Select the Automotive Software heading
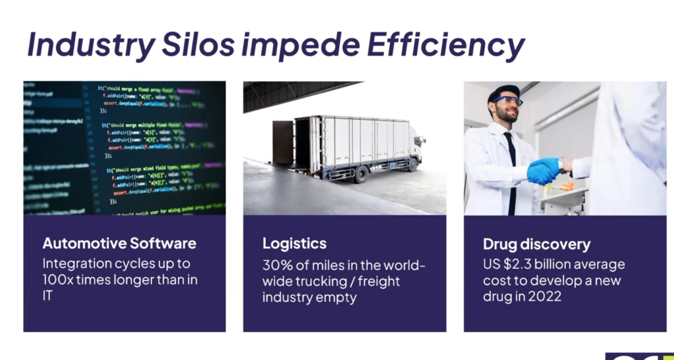coord(119,243)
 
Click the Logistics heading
coord(294,244)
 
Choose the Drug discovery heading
coord(537,244)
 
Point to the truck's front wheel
coord(361,174)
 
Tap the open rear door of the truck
coord(282,142)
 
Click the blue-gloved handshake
coord(545,169)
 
